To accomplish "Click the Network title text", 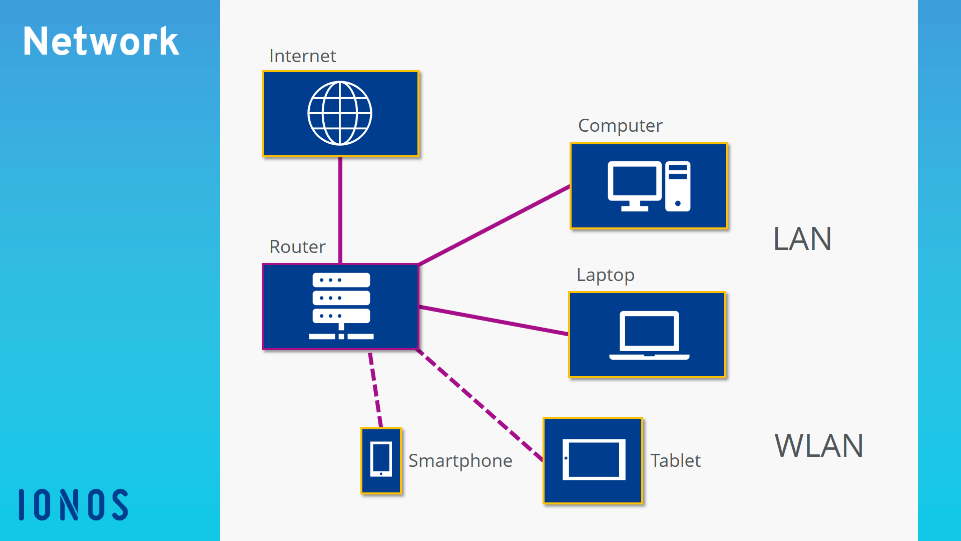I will tap(101, 41).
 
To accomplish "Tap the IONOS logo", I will tap(74, 504).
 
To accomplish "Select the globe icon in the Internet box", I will tap(340, 113).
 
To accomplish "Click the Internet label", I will tap(302, 56).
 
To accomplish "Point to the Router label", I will tap(297, 247).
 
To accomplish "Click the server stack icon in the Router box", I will tap(341, 306).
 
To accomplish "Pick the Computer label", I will tap(620, 126).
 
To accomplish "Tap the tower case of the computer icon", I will tap(678, 186).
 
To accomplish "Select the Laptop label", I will tap(605, 275).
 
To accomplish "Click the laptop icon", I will tap(649, 335).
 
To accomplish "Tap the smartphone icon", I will tap(381, 460).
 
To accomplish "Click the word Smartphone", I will tap(460, 461).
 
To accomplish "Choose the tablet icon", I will tap(594, 460).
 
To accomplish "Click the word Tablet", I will tap(675, 461).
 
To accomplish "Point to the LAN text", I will tap(802, 239).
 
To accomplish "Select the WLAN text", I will tap(819, 446).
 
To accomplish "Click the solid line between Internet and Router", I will tap(340, 210).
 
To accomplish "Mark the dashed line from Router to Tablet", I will tap(480, 405).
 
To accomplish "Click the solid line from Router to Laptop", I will tap(493, 320).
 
